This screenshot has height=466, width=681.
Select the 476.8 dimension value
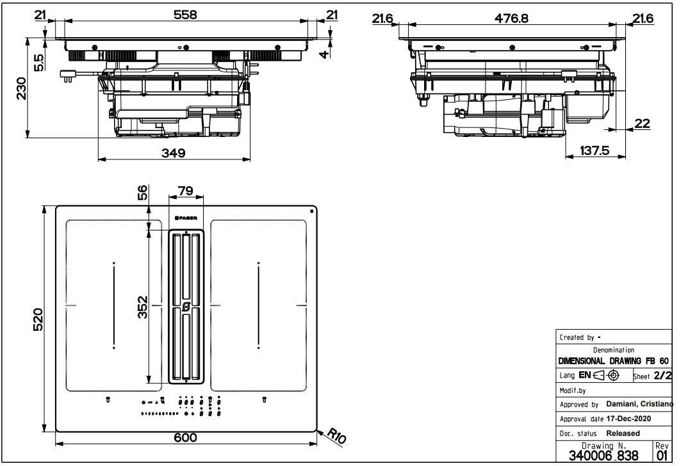tap(511, 19)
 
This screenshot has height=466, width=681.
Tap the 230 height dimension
tap(21, 89)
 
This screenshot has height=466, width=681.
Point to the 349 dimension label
tap(173, 153)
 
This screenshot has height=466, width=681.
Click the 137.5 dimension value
tap(594, 151)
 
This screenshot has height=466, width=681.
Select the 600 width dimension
tap(185, 437)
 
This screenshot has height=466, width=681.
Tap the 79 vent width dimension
tap(185, 191)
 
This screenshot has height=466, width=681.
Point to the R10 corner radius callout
tap(336, 437)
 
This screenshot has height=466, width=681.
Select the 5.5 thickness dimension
tap(38, 61)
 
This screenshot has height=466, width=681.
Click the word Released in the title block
tap(623, 433)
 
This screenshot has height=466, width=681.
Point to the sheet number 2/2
tap(662, 376)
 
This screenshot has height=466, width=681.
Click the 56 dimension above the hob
tap(142, 192)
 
